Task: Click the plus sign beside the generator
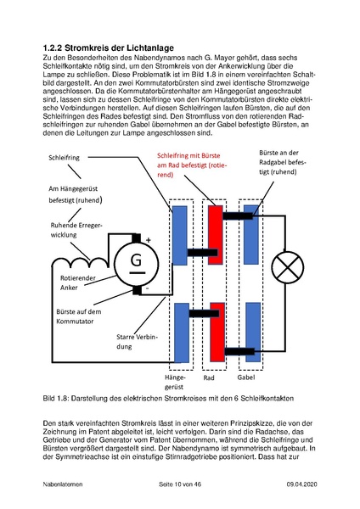(148, 239)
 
